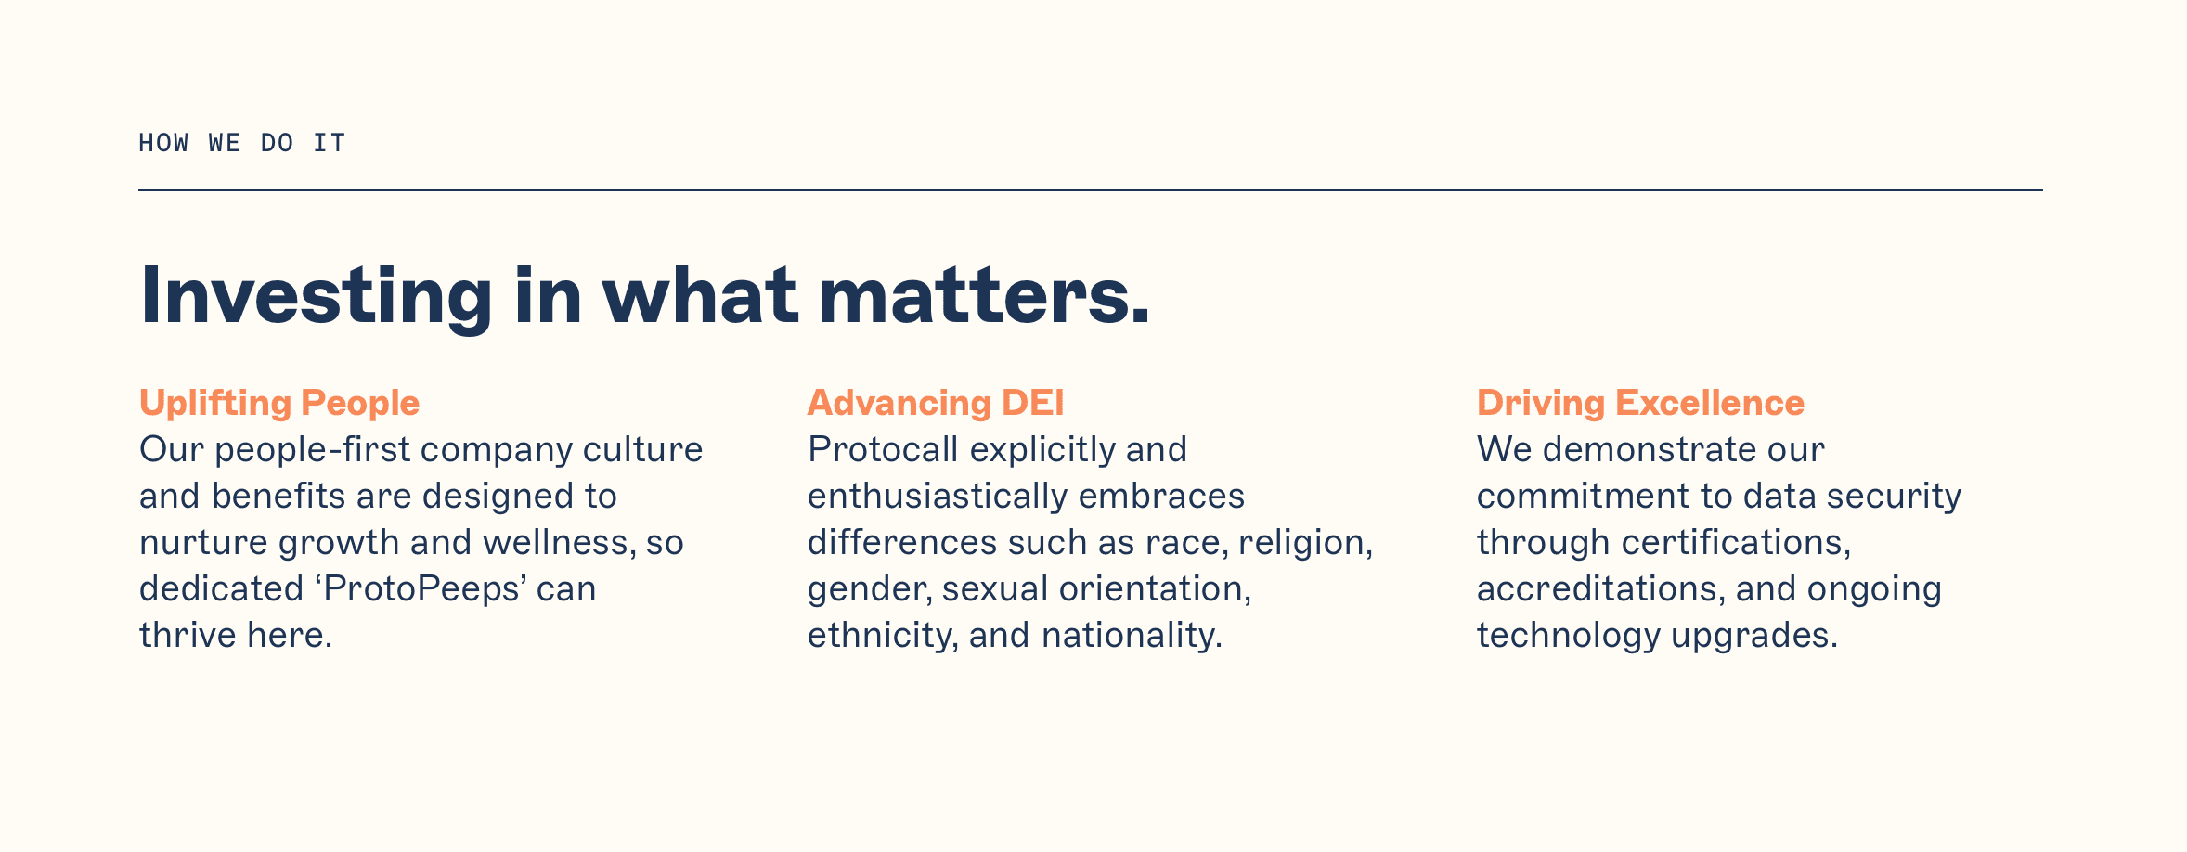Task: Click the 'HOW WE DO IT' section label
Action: (x=241, y=143)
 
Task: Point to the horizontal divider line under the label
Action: (x=1091, y=190)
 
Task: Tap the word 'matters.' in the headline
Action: (x=984, y=295)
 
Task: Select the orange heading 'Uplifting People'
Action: (x=279, y=404)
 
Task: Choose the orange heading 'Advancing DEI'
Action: (x=936, y=403)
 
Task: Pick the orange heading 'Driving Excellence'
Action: (x=1640, y=403)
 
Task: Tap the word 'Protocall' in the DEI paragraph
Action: (x=883, y=450)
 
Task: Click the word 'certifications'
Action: (x=1730, y=543)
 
